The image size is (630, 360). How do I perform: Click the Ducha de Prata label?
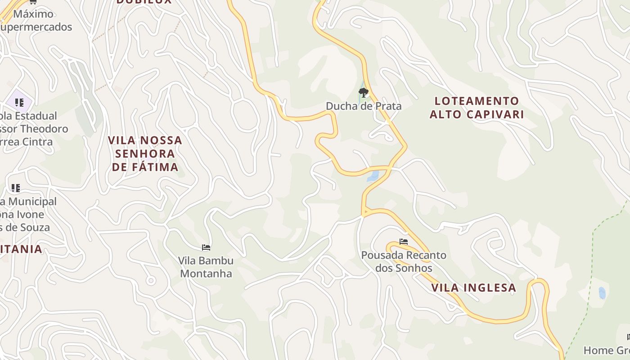[364, 106]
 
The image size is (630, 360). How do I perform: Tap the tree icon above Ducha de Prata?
[364, 93]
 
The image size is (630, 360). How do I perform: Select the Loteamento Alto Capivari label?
[477, 108]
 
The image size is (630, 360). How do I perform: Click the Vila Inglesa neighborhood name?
[473, 288]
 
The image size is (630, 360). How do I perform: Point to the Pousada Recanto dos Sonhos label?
[404, 261]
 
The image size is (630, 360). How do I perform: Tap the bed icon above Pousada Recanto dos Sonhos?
[404, 242]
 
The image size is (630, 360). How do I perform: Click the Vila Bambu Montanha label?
[206, 267]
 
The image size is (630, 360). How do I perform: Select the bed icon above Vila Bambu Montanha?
[206, 247]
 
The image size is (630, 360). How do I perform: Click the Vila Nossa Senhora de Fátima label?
[145, 153]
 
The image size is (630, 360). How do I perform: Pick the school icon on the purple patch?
[19, 102]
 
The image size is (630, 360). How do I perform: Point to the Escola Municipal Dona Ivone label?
[27, 214]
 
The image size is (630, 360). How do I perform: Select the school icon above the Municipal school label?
[16, 188]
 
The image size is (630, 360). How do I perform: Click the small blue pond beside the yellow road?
[373, 175]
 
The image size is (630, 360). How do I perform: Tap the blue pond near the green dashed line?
[602, 293]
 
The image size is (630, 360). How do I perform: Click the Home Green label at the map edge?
[607, 350]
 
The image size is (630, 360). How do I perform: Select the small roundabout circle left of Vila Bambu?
[151, 281]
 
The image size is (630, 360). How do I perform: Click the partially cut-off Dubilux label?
[144, 2]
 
